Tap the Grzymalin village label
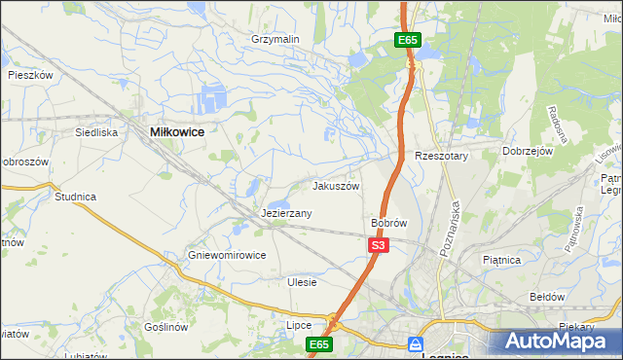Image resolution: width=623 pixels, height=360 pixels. (x=275, y=39)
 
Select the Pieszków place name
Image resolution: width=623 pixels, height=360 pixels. (x=29, y=74)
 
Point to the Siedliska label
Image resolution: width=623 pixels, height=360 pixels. (x=96, y=131)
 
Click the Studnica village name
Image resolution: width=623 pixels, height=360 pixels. (x=75, y=197)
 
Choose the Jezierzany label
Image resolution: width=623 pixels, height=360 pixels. (x=286, y=213)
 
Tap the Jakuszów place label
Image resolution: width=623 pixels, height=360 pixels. (x=336, y=186)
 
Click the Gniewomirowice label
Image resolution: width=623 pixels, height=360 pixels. (x=228, y=256)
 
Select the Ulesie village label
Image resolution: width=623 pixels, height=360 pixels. (x=303, y=282)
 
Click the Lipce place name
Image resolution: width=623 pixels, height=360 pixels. (x=298, y=325)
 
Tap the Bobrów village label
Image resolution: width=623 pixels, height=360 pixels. (x=388, y=223)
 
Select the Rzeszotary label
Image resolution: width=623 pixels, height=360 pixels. (x=442, y=156)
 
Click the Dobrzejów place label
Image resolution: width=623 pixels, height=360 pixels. (x=528, y=152)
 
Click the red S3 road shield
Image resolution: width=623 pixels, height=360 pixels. (x=379, y=246)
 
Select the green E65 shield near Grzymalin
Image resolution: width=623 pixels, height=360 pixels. (x=408, y=40)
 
